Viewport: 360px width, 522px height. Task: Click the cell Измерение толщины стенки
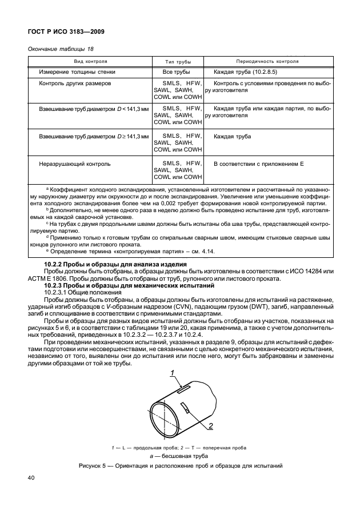[x=78, y=72]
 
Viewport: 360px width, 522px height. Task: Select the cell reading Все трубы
[x=176, y=72]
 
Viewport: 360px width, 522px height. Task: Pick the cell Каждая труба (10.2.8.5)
[x=246, y=72]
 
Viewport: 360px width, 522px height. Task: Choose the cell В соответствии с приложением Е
[x=258, y=164]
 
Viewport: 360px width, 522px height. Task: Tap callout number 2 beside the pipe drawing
[x=210, y=426]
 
